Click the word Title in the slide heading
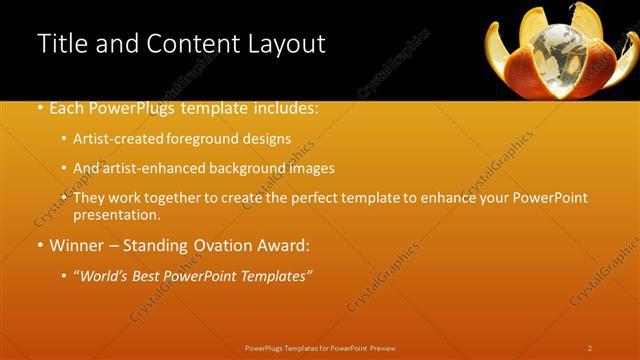coord(62,44)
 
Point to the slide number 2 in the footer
coord(589,348)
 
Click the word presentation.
coord(117,214)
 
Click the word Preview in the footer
coord(383,348)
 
